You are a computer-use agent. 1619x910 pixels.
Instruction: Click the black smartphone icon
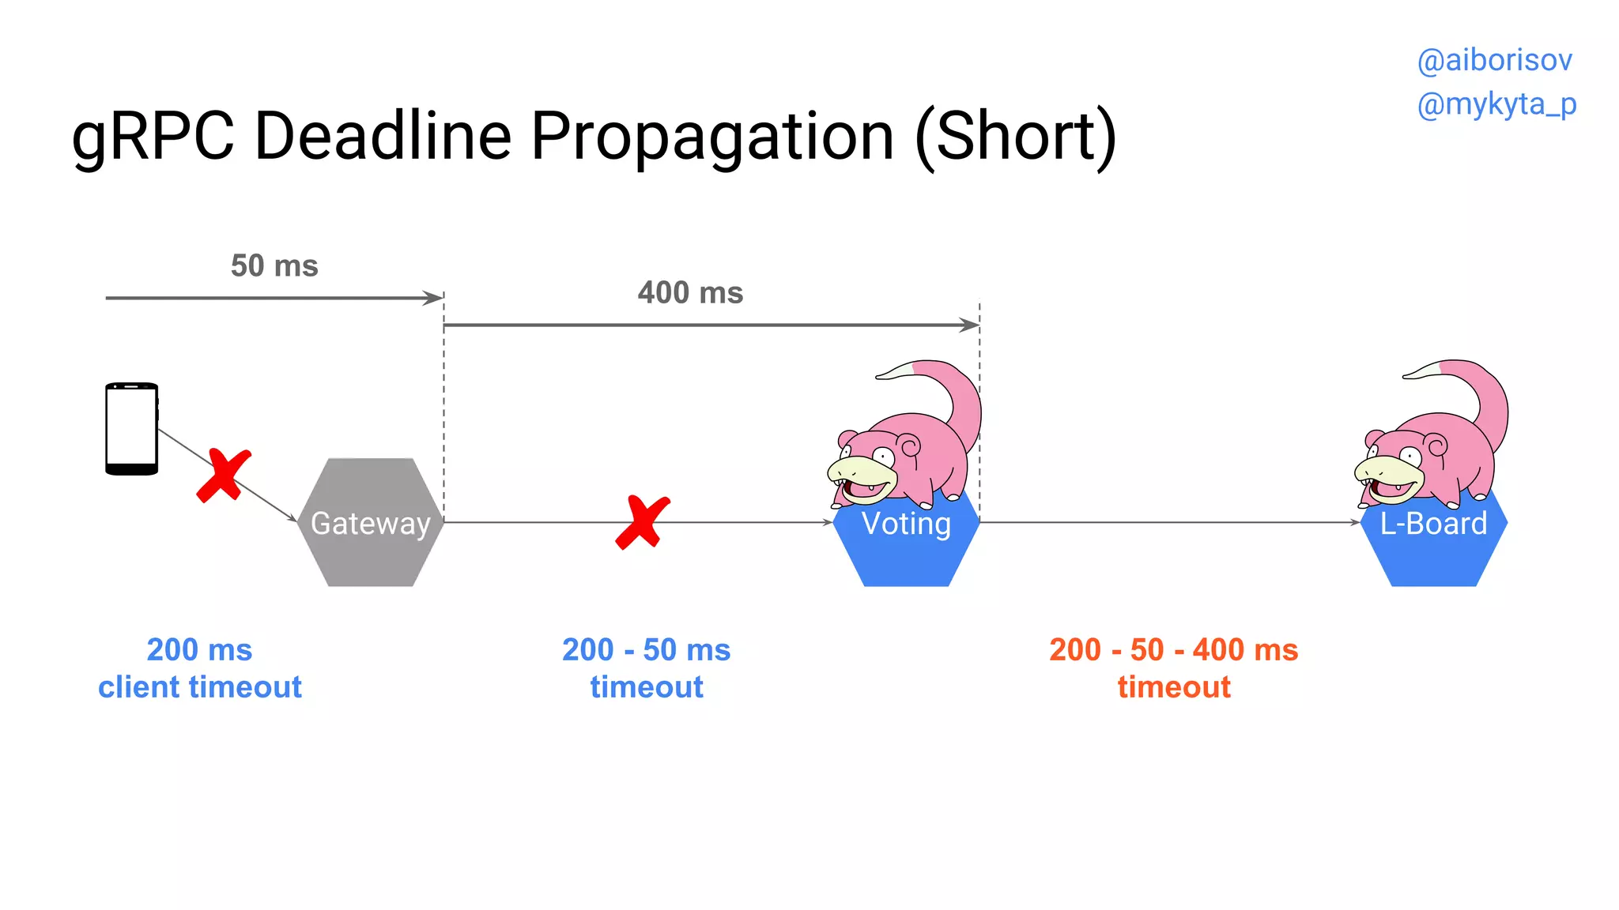tap(132, 429)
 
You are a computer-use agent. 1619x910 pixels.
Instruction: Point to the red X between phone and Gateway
tap(224, 476)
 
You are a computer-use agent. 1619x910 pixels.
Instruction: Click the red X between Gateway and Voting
tap(642, 522)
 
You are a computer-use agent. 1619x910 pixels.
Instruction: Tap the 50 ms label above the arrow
tap(274, 265)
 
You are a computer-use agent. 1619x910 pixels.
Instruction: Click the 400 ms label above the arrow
tap(690, 293)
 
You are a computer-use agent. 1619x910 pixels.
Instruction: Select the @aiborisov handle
tap(1494, 61)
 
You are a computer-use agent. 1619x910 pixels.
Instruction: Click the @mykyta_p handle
tap(1496, 104)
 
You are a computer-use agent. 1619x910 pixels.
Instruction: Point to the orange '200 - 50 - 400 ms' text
tap(1173, 650)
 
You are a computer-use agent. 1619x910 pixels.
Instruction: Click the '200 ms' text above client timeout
tap(199, 650)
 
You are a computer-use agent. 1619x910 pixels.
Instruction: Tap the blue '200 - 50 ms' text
tap(646, 650)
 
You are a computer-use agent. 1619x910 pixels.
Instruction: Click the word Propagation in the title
tap(712, 136)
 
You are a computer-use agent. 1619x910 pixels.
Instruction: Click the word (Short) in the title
tap(1015, 136)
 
